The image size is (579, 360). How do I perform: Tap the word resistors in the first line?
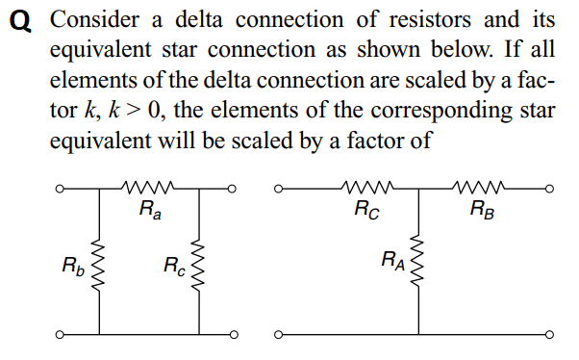click(403, 19)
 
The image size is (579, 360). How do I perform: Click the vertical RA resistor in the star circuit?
click(418, 260)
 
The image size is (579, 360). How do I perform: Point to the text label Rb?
click(72, 264)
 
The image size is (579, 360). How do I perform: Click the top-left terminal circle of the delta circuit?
click(59, 190)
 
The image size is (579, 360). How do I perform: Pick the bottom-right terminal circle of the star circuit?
click(550, 336)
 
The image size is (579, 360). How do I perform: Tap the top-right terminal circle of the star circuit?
click(550, 190)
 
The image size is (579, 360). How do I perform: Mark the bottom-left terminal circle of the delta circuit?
click(59, 336)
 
